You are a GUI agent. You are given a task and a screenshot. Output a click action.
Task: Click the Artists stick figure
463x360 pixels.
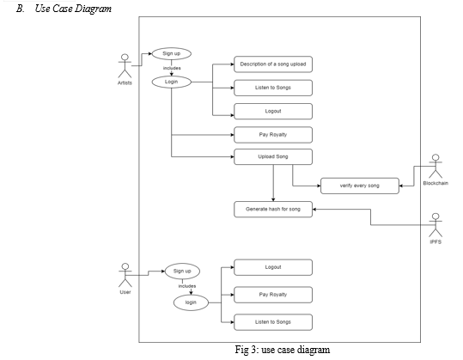125,66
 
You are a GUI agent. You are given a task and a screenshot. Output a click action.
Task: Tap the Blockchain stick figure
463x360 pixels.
436,167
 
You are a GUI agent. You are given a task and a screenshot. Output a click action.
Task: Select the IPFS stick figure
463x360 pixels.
436,225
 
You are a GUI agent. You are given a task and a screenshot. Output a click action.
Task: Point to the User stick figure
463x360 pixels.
125,275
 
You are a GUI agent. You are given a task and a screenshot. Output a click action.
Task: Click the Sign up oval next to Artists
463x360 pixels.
172,54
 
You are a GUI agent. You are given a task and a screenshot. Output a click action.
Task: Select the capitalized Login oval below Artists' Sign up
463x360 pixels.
172,82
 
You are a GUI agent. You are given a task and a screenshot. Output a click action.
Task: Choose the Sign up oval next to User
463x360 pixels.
182,272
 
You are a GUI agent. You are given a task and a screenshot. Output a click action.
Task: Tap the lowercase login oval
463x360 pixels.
191,302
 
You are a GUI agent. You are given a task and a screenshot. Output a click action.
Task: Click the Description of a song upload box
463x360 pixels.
273,64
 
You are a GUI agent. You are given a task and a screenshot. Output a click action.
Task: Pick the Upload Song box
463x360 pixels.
273,157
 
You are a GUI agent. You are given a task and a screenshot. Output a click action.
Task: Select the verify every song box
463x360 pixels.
360,186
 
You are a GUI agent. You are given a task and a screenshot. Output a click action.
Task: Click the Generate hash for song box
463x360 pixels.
273,210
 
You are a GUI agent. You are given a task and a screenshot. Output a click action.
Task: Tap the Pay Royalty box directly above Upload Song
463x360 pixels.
273,135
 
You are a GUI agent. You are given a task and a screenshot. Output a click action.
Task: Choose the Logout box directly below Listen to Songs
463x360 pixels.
273,112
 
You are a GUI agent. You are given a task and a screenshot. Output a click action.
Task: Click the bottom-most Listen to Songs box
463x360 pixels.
273,322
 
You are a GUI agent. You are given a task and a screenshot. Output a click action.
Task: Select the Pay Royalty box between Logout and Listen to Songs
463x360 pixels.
273,295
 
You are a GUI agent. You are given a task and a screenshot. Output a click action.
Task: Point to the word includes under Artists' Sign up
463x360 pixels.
172,68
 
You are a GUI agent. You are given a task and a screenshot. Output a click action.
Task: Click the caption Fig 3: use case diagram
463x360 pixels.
283,350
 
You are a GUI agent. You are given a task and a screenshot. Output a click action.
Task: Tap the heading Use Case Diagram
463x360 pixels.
73,9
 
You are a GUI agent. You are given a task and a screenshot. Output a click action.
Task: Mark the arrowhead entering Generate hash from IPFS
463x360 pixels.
314,210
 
